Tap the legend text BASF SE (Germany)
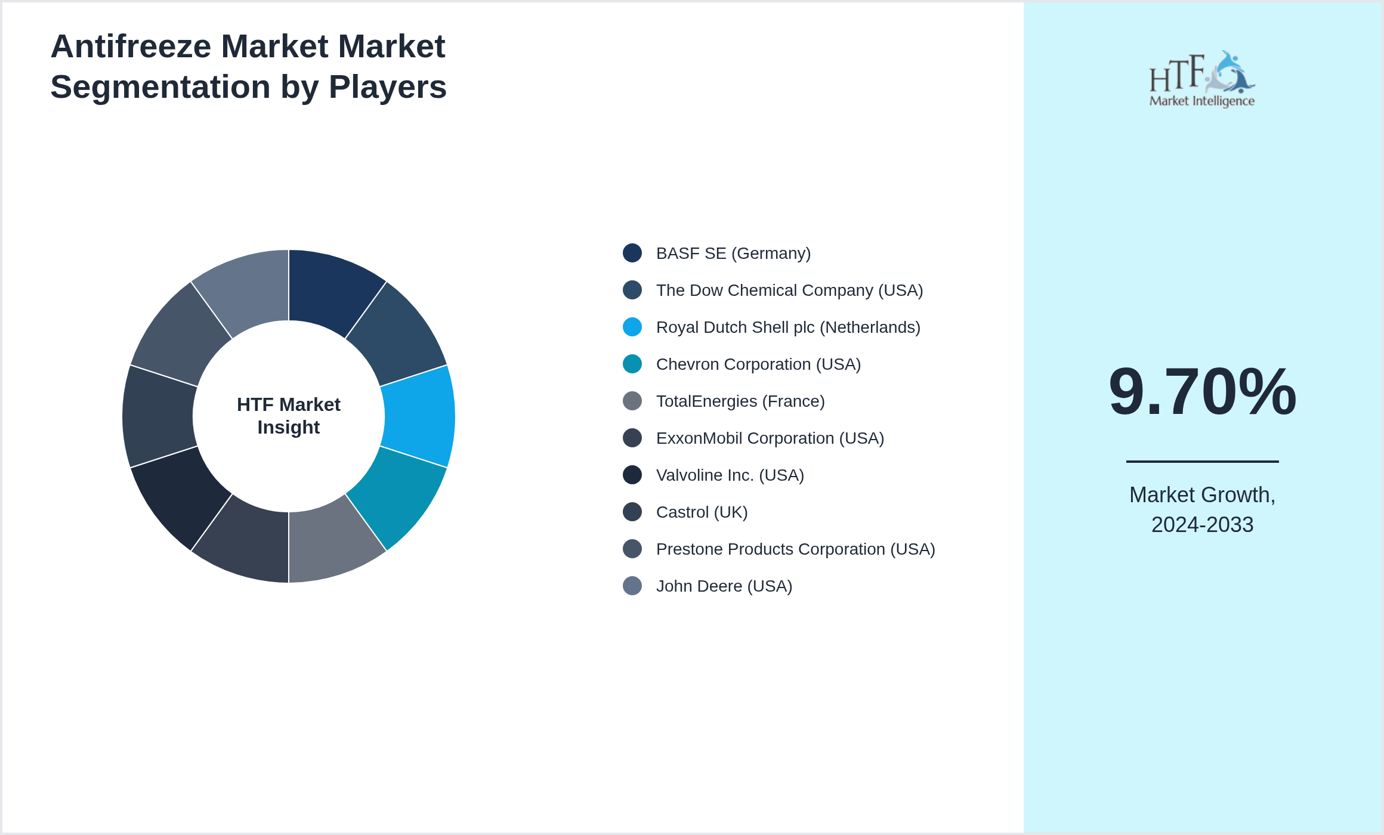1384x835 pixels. click(x=733, y=253)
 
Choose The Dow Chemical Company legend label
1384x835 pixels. click(x=789, y=290)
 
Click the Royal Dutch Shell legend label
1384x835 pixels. click(x=788, y=327)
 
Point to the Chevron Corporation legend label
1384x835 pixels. click(x=758, y=364)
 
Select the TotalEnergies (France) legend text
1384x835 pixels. click(x=740, y=401)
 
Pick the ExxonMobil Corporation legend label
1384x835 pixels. click(x=770, y=438)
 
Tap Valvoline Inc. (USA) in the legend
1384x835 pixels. click(x=730, y=475)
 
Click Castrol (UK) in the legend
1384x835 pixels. click(x=702, y=512)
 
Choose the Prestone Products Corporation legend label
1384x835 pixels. click(x=795, y=549)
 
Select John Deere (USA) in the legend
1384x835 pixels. click(x=724, y=586)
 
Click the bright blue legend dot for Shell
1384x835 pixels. click(x=632, y=327)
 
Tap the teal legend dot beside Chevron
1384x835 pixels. click(x=632, y=364)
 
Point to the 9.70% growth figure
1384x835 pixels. click(x=1202, y=392)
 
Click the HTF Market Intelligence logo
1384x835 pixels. click(x=1202, y=79)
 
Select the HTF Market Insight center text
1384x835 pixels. click(x=289, y=416)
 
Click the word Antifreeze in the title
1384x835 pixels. click(x=131, y=47)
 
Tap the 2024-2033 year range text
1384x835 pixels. click(x=1202, y=525)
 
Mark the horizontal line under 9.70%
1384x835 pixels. click(x=1202, y=461)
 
